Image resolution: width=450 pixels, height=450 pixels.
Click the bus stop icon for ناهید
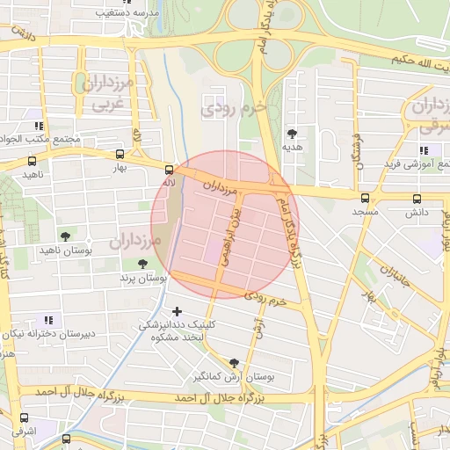33,161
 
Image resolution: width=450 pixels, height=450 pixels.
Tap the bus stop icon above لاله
169,167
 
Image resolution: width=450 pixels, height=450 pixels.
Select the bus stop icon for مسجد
365,198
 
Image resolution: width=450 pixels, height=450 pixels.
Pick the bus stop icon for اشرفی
23,418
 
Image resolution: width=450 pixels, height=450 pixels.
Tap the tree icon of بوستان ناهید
65,236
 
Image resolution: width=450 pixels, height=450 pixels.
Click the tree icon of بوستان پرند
142,264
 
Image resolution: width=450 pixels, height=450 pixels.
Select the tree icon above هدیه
292,134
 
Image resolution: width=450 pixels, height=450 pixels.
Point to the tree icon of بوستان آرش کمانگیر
233,362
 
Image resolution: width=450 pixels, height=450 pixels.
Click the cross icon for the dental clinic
178,310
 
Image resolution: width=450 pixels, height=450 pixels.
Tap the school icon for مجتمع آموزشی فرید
425,150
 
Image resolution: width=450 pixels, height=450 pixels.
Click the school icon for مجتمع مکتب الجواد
37,125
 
